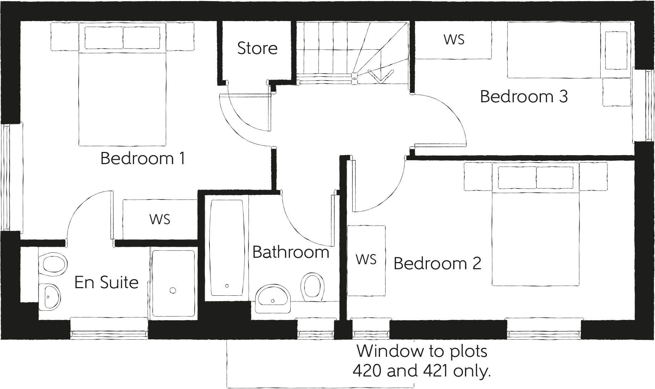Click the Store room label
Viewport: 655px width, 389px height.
click(x=257, y=48)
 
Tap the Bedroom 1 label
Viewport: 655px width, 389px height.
click(x=143, y=158)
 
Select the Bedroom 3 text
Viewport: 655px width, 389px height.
click(x=523, y=97)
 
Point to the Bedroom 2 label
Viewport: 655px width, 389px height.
click(x=437, y=264)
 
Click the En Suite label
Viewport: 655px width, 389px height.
click(x=106, y=282)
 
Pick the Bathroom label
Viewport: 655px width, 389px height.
click(x=290, y=252)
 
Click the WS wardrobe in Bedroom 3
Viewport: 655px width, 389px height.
click(x=454, y=40)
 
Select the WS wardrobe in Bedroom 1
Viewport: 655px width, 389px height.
click(x=159, y=219)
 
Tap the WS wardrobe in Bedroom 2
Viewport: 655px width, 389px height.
click(x=366, y=260)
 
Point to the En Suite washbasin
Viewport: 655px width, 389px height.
click(x=49, y=297)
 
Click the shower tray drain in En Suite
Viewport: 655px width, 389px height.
click(x=173, y=290)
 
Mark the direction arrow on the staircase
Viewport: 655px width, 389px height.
click(x=380, y=76)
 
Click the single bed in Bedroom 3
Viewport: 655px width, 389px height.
click(x=568, y=50)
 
